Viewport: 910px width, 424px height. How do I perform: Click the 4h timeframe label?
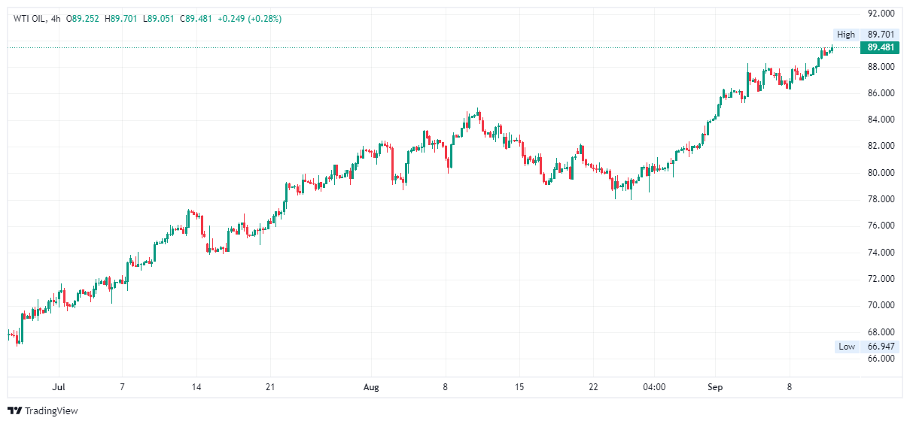(55, 19)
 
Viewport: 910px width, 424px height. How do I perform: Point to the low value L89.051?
(160, 19)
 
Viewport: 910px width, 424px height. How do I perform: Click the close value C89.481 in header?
(197, 19)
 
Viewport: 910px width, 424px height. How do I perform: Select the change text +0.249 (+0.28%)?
(249, 19)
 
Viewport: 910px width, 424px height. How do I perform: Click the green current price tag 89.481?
(880, 47)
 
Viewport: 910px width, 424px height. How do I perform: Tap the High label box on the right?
(846, 35)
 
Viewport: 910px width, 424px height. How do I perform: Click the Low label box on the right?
(847, 347)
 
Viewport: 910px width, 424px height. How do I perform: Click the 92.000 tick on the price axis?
(880, 14)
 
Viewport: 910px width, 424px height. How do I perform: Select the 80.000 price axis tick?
(880, 173)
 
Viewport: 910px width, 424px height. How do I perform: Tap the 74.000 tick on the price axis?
(880, 253)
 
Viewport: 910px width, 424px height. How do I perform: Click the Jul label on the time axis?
(58, 387)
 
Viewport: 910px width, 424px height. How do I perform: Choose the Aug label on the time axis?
(371, 387)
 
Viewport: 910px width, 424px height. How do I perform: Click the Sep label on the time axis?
(715, 387)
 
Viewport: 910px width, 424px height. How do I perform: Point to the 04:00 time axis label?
(654, 387)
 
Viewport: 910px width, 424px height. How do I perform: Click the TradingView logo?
(43, 411)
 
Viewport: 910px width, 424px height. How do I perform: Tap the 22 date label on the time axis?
(593, 387)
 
